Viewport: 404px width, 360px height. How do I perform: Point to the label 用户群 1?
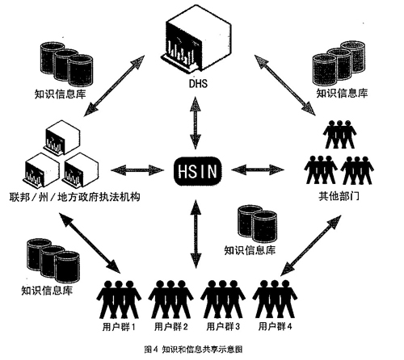pos(120,327)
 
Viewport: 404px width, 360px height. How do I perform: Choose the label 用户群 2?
pos(171,327)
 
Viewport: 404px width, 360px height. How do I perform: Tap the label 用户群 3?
pos(224,327)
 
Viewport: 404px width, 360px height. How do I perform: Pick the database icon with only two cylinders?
pos(252,224)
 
